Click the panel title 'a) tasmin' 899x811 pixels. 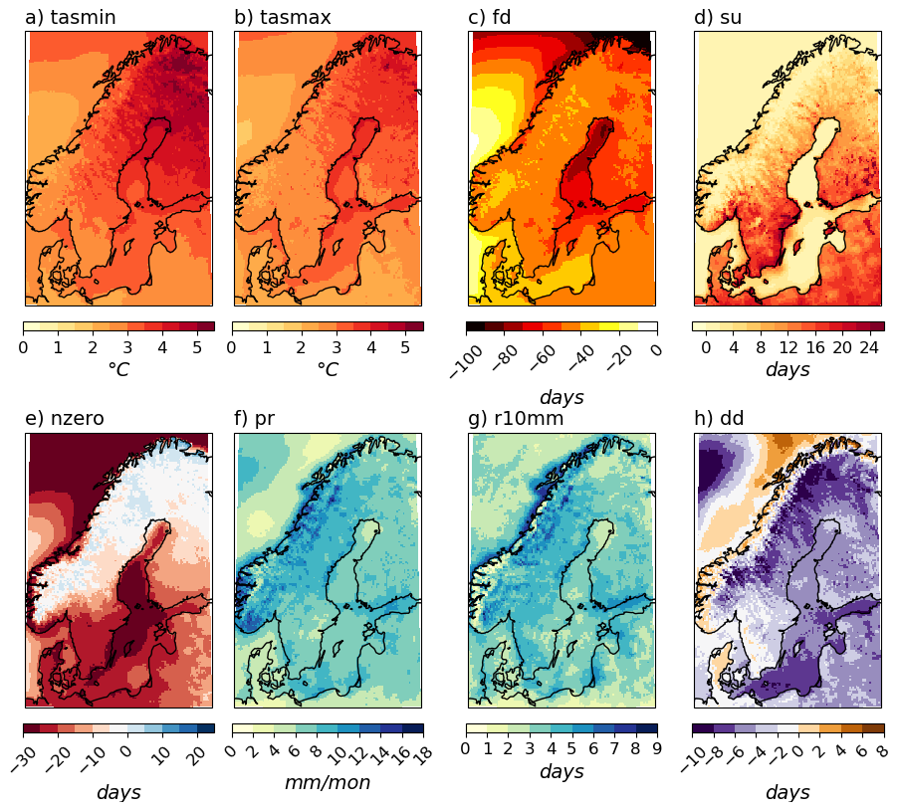coord(70,17)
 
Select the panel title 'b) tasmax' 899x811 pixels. coord(283,17)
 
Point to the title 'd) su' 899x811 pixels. coord(717,17)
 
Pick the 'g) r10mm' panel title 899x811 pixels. coord(516,418)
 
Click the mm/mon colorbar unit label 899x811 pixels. coord(328,783)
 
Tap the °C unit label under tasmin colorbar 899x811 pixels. coord(118,369)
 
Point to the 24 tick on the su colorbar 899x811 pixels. coord(868,347)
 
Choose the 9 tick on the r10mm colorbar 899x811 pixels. coord(656,748)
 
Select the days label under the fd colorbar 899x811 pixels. coord(562,397)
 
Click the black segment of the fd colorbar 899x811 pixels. coord(475,326)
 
